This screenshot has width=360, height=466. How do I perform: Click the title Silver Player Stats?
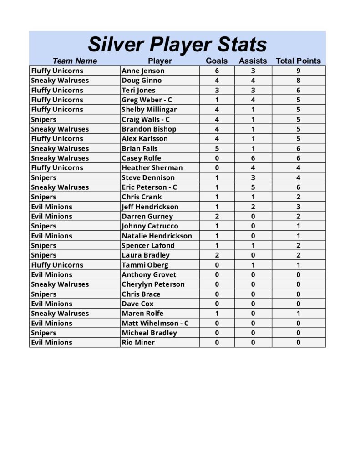pyautogui.click(x=177, y=45)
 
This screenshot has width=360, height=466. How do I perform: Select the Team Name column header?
pyautogui.click(x=75, y=61)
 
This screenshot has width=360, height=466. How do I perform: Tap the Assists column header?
pyautogui.click(x=253, y=61)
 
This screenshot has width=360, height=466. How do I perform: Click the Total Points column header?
pyautogui.click(x=298, y=61)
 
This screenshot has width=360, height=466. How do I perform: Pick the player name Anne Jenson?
pyautogui.click(x=143, y=71)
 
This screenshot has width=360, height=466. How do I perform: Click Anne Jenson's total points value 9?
pyautogui.click(x=298, y=71)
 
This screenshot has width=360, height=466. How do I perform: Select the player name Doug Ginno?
pyautogui.click(x=142, y=81)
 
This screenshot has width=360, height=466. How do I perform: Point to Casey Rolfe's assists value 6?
pyautogui.click(x=253, y=158)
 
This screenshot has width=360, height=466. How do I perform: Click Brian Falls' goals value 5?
pyautogui.click(x=217, y=148)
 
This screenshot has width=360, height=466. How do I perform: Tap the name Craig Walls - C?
pyautogui.click(x=145, y=119)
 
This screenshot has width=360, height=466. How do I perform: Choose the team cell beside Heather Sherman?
pyautogui.click(x=57, y=168)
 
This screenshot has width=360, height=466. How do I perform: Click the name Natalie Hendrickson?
pyautogui.click(x=157, y=236)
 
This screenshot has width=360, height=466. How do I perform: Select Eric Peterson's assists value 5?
pyautogui.click(x=253, y=187)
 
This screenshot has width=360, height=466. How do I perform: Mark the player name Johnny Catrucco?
pyautogui.click(x=150, y=226)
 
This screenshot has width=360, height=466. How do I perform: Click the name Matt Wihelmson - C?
pyautogui.click(x=155, y=323)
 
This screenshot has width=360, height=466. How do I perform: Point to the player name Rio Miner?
pyautogui.click(x=138, y=343)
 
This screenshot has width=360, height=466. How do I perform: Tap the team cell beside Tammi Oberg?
pyautogui.click(x=57, y=265)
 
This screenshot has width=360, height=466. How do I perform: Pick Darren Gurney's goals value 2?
pyautogui.click(x=217, y=217)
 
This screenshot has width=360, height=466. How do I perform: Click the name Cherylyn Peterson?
pyautogui.click(x=153, y=284)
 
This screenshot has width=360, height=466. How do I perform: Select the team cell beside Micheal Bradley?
pyautogui.click(x=44, y=333)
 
